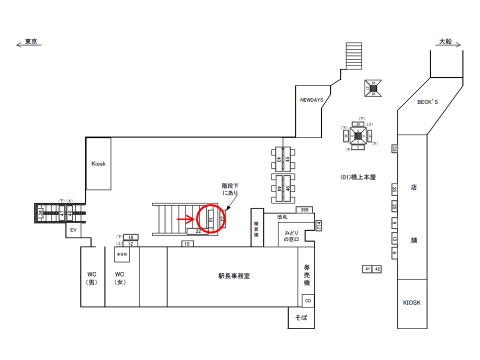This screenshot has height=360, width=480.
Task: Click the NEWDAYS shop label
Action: tap(311, 100)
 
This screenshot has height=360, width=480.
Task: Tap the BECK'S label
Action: tap(427, 102)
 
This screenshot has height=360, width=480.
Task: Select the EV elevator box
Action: tap(72, 230)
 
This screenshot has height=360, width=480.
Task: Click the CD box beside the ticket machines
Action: tap(307, 300)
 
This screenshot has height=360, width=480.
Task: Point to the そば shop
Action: tap(301, 318)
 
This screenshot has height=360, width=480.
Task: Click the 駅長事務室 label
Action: tap(234, 275)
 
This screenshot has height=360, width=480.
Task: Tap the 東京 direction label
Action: tap(30, 42)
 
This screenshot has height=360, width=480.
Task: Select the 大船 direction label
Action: tap(445, 42)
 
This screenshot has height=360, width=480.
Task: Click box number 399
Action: tap(304, 209)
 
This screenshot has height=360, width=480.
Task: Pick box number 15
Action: tap(187, 243)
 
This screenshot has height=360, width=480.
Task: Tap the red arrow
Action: tap(186, 218)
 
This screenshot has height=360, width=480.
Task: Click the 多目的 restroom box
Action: tap(122, 254)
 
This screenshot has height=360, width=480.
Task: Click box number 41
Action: tap(367, 269)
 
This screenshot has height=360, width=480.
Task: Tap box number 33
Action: tap(394, 149)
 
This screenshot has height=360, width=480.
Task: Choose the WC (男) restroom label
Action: tap(93, 278)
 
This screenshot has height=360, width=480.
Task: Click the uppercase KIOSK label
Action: tap(412, 303)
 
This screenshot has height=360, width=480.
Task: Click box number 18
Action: tap(130, 237)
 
